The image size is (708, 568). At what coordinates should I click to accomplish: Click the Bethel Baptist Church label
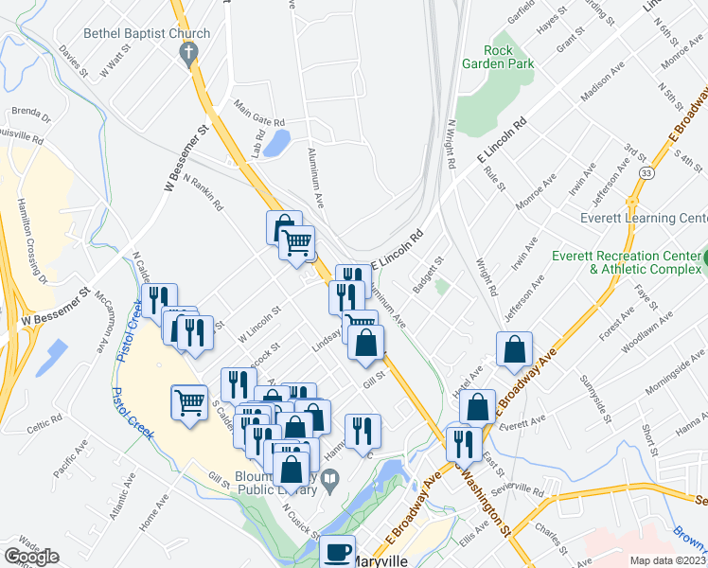pos(147,34)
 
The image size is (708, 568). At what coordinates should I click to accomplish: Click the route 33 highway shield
pos(646,174)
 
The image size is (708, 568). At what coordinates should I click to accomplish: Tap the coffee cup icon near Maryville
pos(336,552)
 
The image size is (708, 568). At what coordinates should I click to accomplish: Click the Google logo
pos(31,557)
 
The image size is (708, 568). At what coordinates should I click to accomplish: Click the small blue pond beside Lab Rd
pos(278,143)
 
